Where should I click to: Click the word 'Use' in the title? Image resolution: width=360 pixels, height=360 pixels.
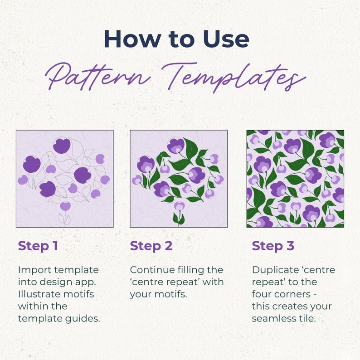(226, 39)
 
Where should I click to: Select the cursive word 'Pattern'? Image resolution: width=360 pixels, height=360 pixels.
(98, 76)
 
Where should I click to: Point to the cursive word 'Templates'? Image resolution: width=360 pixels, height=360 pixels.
(234, 77)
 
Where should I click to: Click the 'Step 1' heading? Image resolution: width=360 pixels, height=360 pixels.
(38, 246)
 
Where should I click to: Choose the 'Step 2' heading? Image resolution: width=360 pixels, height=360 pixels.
(151, 246)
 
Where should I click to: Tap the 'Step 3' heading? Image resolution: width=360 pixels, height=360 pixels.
(273, 246)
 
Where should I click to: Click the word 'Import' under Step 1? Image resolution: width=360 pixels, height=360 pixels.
(34, 270)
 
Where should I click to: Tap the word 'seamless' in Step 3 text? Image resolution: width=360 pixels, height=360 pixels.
(272, 318)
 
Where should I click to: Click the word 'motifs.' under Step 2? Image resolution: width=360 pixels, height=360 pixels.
(172, 294)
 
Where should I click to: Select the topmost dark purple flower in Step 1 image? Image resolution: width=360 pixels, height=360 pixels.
(62, 146)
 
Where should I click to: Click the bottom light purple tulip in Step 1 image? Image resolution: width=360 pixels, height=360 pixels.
(65, 206)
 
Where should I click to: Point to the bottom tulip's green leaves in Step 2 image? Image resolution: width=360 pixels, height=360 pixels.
(178, 219)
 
